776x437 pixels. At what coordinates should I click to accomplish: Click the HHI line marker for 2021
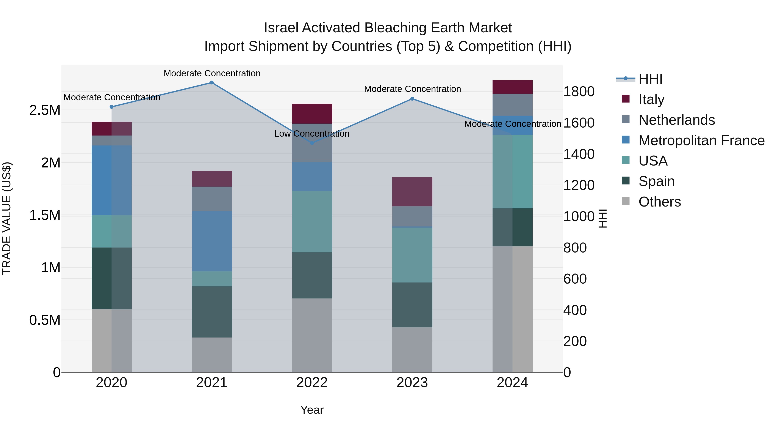coord(212,83)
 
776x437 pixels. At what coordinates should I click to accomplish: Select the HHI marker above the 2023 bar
coord(412,99)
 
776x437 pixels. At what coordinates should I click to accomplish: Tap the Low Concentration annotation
coord(311,134)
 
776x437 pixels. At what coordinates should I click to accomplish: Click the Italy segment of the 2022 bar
coord(312,114)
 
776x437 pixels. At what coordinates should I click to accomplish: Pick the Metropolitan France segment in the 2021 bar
coord(212,241)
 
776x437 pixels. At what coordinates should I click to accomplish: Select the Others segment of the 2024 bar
coord(512,309)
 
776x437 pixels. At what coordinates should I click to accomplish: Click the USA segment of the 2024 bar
coord(512,171)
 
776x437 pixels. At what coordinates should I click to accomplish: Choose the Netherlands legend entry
coord(676,120)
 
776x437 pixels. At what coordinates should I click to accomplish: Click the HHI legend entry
coord(650,79)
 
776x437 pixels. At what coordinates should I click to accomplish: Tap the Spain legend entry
coord(656,181)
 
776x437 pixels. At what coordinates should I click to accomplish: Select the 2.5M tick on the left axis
coord(45,110)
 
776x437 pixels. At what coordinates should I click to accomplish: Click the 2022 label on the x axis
coord(312,383)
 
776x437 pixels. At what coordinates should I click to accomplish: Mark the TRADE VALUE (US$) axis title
coord(7,218)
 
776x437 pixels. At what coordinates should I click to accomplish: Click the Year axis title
coord(312,410)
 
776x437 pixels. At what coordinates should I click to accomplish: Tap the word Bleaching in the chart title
coord(396,28)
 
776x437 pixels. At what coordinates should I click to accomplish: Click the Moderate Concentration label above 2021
coord(212,73)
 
